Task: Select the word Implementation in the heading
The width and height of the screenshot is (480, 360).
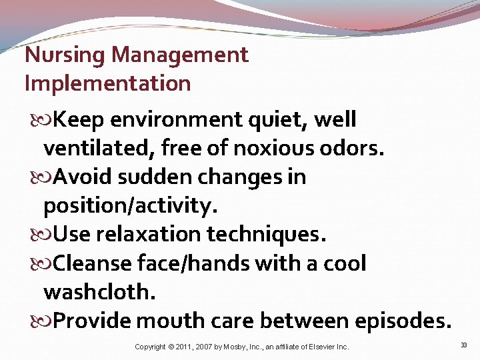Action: tap(107, 83)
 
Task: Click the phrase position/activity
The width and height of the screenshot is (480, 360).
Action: tap(130, 206)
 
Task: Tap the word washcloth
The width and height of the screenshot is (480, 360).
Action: tap(99, 292)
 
